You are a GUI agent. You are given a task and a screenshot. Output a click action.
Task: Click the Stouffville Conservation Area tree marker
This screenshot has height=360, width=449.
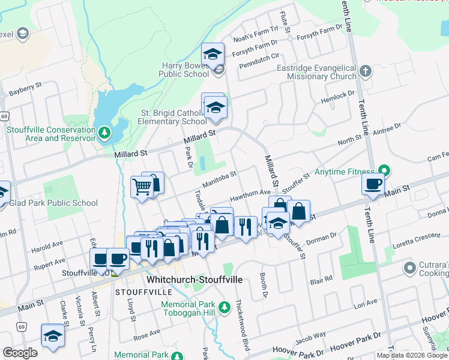[104, 132]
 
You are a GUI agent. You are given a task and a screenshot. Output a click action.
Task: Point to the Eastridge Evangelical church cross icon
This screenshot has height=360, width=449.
[366, 72]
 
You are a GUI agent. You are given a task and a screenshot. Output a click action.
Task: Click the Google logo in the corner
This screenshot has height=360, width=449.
[20, 353]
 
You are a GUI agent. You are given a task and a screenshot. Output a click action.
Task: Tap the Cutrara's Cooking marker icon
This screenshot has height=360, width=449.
[411, 267]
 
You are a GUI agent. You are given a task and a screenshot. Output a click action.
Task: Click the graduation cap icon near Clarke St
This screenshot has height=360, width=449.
[53, 336]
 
